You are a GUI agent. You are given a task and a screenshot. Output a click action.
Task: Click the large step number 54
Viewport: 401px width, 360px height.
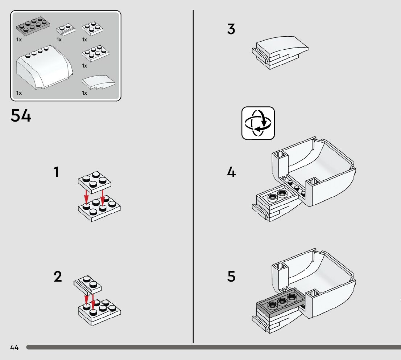point(21,116)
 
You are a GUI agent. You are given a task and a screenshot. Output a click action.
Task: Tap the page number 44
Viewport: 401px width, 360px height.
point(14,347)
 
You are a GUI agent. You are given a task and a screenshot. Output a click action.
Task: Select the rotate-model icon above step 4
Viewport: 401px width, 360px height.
point(258,123)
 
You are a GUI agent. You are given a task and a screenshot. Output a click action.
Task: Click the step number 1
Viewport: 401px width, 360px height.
point(56,172)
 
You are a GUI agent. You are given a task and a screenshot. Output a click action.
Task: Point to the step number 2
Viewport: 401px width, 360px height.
point(58,277)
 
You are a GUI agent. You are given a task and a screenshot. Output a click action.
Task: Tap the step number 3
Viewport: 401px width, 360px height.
point(231,29)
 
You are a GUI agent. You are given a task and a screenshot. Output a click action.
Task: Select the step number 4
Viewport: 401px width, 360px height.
point(231,172)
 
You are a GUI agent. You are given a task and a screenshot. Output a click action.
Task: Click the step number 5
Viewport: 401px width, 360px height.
point(231,277)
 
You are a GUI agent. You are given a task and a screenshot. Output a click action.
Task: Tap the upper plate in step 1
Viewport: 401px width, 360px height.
point(94,181)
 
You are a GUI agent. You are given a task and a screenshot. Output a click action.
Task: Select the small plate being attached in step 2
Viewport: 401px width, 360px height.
point(87,284)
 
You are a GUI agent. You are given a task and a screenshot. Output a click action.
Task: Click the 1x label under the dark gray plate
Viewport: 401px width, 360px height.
point(19,40)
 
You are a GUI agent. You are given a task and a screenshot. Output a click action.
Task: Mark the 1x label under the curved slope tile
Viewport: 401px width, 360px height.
point(84,93)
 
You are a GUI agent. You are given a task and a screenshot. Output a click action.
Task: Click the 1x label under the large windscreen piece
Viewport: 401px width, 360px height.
point(19,93)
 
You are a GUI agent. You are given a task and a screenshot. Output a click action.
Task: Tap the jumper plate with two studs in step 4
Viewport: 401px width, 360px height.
point(277,196)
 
